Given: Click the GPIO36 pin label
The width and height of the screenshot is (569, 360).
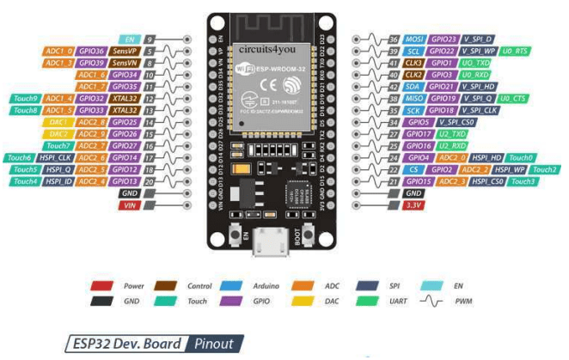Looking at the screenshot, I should coord(92,52).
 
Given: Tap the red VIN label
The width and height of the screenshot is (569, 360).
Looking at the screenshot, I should coord(130,206).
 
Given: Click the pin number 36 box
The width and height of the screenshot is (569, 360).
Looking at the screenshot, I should coord(393,40).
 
